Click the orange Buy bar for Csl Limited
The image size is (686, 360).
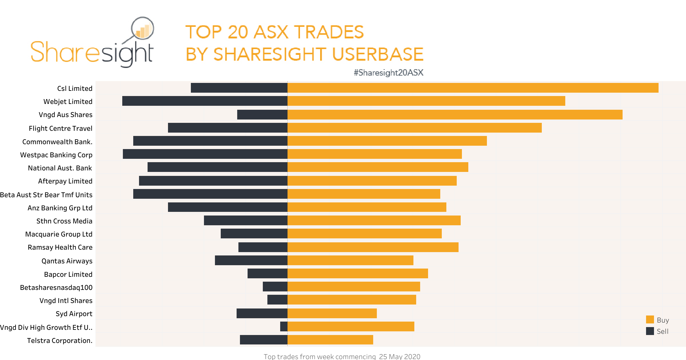point(473,88)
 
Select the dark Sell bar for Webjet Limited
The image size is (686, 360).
point(205,101)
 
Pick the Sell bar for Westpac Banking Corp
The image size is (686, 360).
point(205,154)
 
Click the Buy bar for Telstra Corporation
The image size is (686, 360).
point(330,340)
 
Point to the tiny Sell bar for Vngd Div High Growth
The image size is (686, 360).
point(284,326)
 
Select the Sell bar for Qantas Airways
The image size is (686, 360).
point(251,260)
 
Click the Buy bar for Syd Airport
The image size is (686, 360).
point(332,313)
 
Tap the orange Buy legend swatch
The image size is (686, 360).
point(650,319)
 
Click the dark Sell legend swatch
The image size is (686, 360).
point(650,331)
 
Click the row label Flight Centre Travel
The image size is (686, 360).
point(60,128)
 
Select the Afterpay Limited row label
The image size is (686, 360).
point(65,181)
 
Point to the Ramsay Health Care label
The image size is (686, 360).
point(60,247)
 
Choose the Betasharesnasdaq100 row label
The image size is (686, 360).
point(56,287)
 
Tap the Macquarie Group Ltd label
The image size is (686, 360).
point(59,234)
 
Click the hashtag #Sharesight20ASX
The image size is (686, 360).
point(388,73)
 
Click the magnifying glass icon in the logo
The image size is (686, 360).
point(142,28)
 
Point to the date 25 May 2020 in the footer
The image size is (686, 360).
point(399,356)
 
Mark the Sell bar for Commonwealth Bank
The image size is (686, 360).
point(210,141)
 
